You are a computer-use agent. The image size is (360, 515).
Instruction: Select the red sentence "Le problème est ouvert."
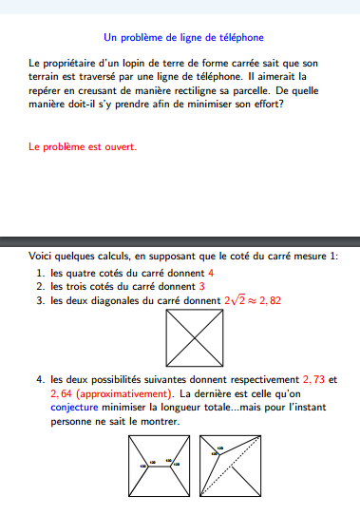[x=83, y=147]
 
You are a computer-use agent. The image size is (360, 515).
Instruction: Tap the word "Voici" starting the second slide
[x=41, y=256]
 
